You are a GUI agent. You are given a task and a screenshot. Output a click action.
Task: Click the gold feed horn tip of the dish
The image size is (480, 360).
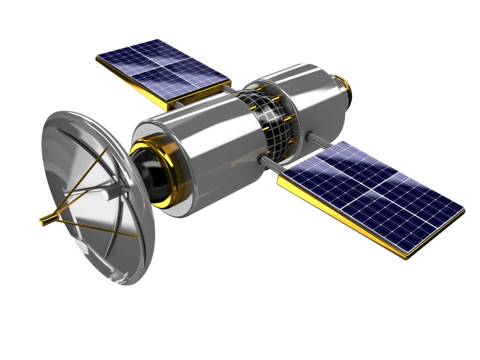point(45,221)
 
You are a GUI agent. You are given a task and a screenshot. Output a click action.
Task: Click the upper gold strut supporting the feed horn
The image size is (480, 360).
point(77,179)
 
